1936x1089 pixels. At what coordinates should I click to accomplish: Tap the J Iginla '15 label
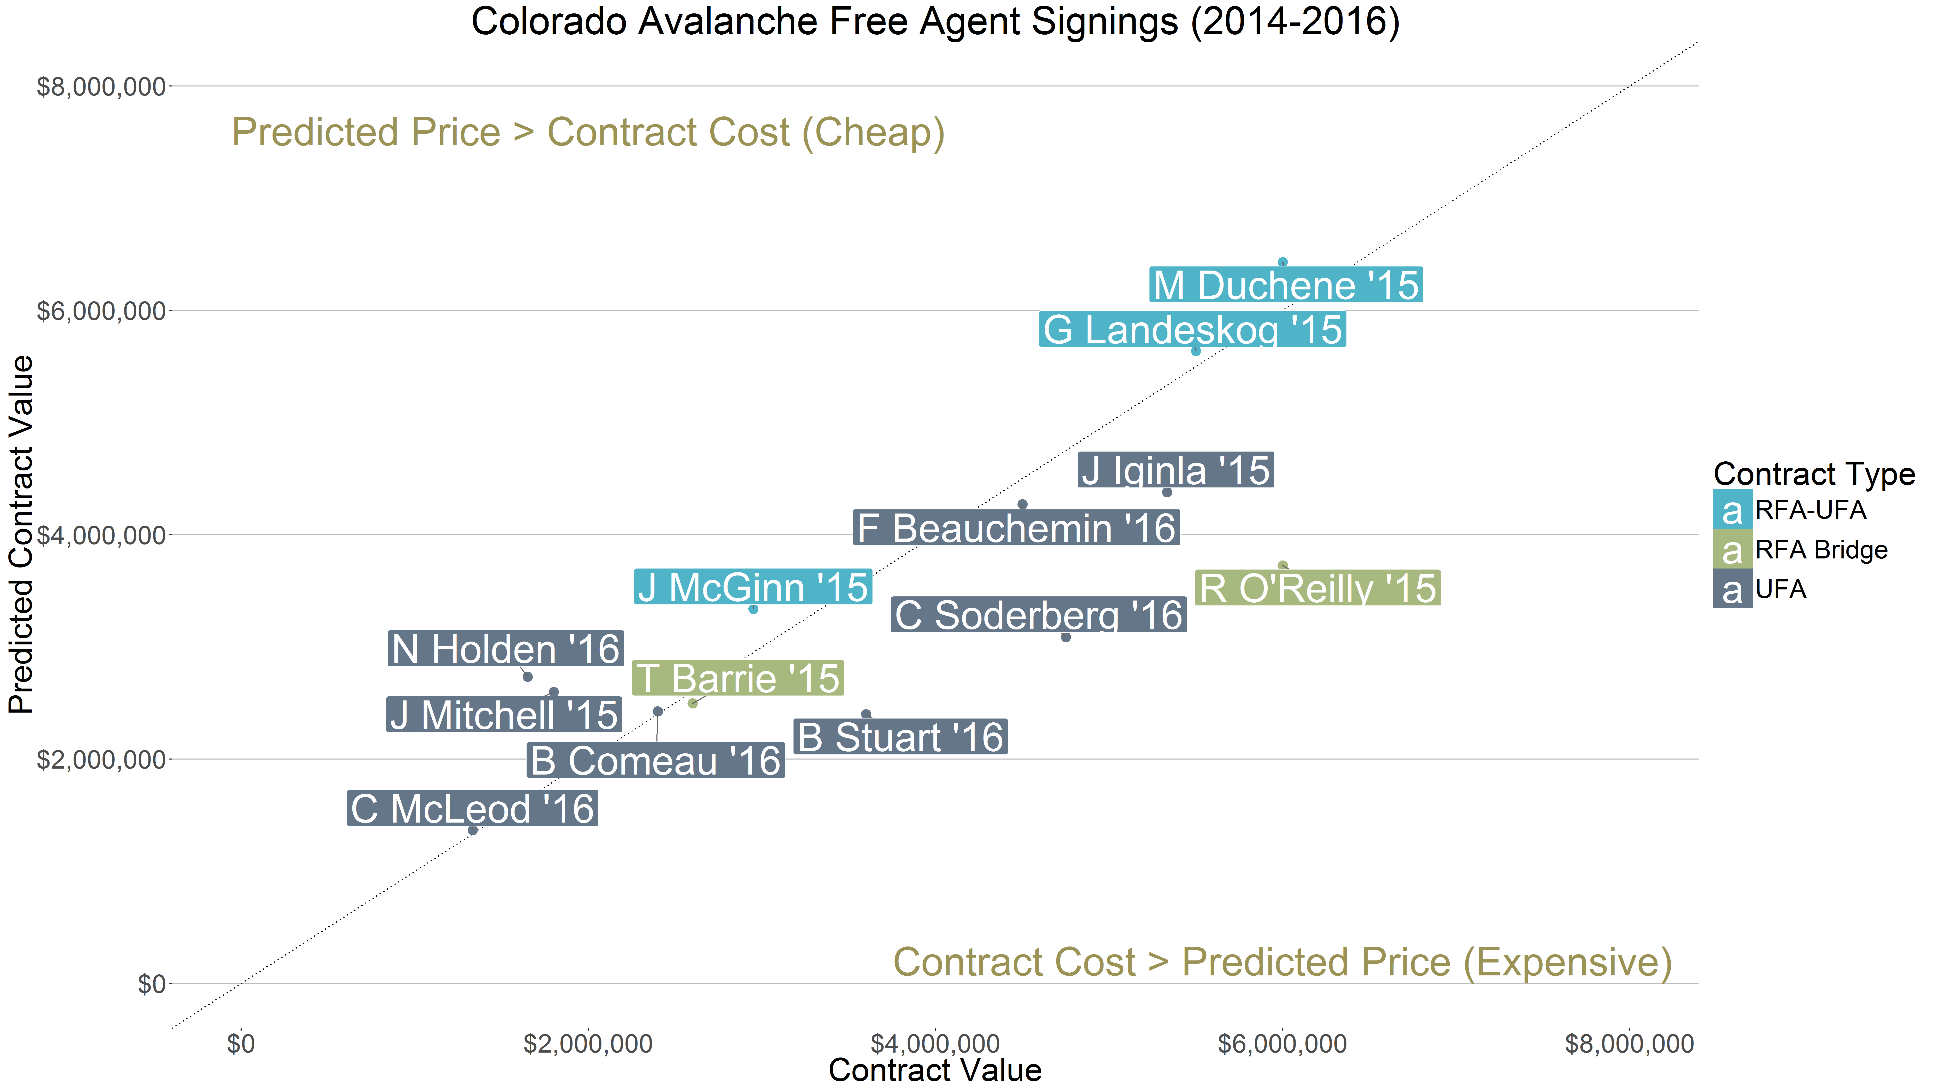[x=1176, y=470]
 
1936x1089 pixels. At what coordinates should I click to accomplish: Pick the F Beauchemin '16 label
[x=1016, y=528]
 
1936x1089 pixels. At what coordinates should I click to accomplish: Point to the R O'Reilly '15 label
[x=1318, y=588]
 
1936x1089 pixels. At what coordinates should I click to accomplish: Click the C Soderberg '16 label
[x=1039, y=615]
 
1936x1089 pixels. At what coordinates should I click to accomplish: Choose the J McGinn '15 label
[x=753, y=587]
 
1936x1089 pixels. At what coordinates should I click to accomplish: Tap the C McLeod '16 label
[x=473, y=809]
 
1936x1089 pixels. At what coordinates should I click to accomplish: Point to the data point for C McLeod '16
[x=473, y=831]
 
